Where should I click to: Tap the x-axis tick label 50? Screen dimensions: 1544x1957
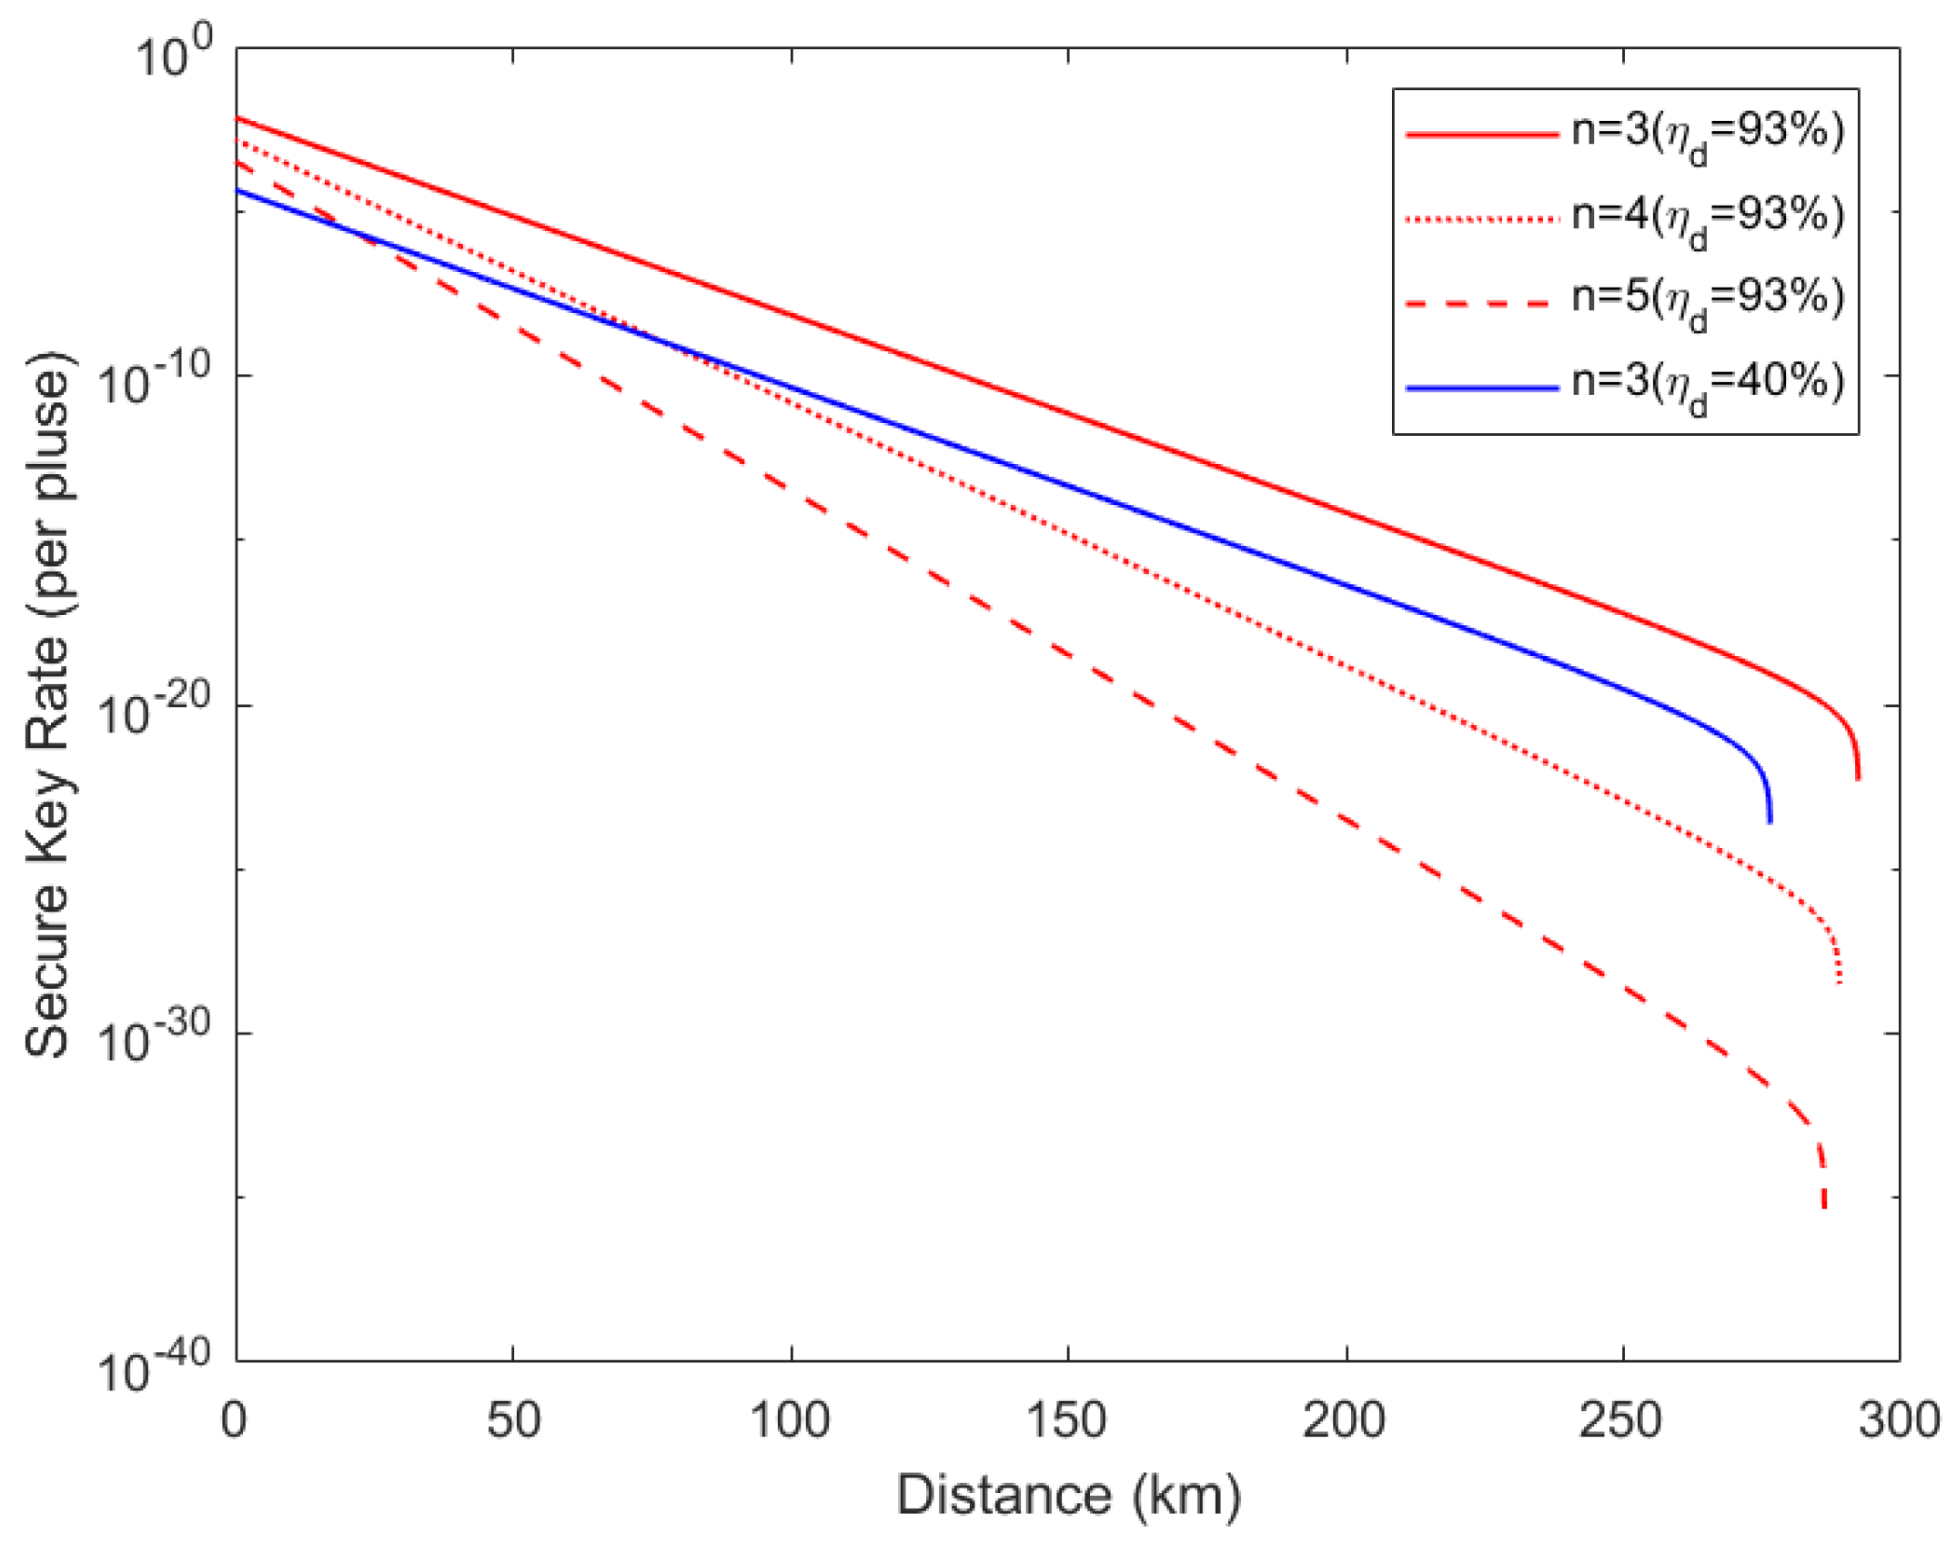point(513,1420)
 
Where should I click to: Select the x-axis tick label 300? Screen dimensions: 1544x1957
point(1899,1420)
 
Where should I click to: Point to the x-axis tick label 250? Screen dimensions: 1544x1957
point(1620,1420)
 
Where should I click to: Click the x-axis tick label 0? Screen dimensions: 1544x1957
point(234,1420)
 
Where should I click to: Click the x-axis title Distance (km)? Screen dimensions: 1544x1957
point(1068,1495)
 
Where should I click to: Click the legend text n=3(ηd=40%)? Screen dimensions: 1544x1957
point(1707,385)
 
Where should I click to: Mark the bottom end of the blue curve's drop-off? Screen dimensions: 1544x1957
point(1770,821)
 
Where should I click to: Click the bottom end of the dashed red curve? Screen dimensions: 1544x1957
point(1823,1206)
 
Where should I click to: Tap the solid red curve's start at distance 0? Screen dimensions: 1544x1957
point(238,119)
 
